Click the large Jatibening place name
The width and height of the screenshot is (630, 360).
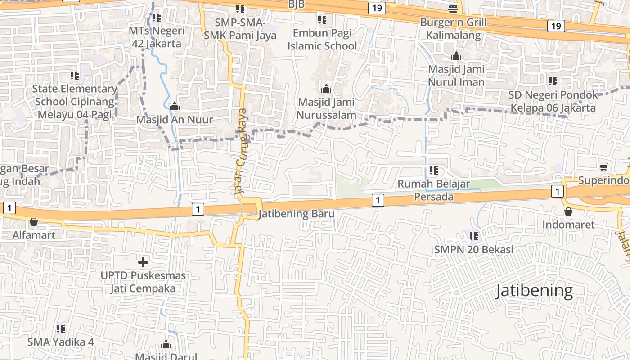tap(534, 291)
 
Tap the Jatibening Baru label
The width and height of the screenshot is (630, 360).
tap(297, 214)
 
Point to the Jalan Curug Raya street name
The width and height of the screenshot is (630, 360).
tap(242, 152)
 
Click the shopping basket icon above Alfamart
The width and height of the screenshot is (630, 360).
tap(33, 222)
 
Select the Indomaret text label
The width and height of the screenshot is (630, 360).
tap(568, 225)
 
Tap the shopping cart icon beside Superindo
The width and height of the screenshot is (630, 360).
tap(604, 167)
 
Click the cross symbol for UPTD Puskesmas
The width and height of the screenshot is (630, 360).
tap(143, 262)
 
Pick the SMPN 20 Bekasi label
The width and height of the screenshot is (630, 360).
tap(473, 250)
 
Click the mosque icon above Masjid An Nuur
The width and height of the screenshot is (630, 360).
tap(174, 107)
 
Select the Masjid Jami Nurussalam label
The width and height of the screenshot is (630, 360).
tap(326, 108)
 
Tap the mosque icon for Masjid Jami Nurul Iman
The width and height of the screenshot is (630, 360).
tap(456, 56)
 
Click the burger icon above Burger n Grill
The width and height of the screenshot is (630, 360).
tap(453, 9)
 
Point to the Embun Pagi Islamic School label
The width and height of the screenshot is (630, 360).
tap(322, 40)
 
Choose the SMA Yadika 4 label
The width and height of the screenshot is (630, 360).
tap(61, 342)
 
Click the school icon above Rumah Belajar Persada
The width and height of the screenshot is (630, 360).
tap(434, 171)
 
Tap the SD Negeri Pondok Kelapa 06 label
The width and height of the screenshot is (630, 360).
tap(553, 101)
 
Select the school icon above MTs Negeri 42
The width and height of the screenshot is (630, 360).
tap(156, 18)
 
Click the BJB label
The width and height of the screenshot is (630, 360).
tap(296, 4)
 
